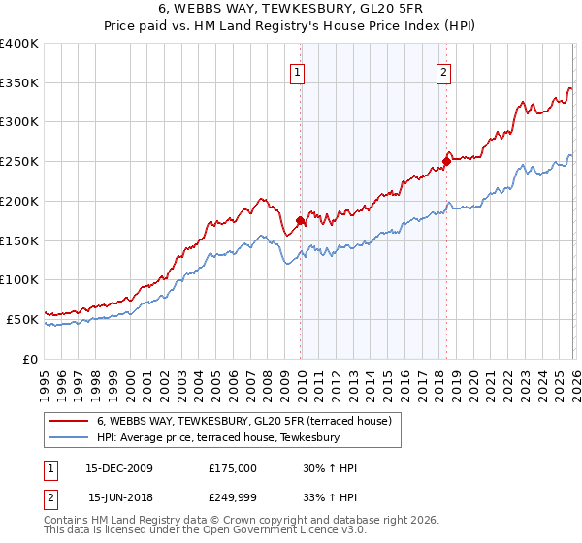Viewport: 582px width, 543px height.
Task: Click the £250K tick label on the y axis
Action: click(x=18, y=162)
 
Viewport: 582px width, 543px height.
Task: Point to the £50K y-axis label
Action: click(x=21, y=319)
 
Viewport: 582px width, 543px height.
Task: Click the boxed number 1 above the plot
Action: click(x=297, y=71)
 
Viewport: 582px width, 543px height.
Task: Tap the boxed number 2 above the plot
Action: click(x=443, y=71)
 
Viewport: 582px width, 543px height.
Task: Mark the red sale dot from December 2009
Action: click(x=300, y=221)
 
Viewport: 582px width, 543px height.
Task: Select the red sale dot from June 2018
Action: click(x=446, y=161)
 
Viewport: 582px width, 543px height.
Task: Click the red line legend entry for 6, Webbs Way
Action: click(x=243, y=421)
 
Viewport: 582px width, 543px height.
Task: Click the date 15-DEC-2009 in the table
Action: click(x=118, y=468)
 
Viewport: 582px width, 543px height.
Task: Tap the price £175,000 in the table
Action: click(x=233, y=468)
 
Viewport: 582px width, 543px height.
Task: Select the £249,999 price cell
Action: click(x=233, y=497)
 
